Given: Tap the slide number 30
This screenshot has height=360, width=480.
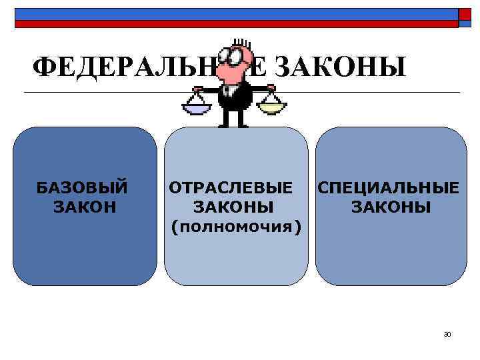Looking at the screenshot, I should pyautogui.click(x=447, y=333).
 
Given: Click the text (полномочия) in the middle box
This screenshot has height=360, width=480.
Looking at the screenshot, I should pyautogui.click(x=236, y=227).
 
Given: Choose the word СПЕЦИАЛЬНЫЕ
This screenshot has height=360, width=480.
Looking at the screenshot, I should pyautogui.click(x=388, y=188).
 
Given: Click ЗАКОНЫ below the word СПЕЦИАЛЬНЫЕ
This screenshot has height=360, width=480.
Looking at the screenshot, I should pyautogui.click(x=391, y=207).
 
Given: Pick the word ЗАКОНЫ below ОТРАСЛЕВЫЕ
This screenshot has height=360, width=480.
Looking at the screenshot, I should pyautogui.click(x=233, y=207).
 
